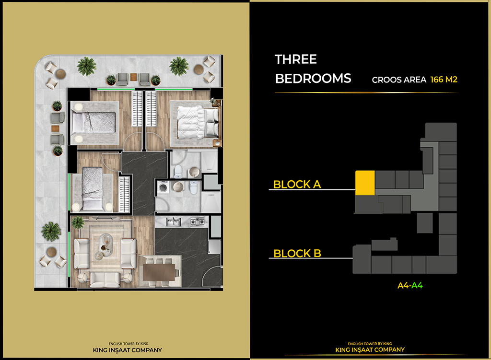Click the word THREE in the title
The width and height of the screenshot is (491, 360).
(x=295, y=59)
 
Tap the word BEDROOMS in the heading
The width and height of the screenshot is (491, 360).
(x=313, y=79)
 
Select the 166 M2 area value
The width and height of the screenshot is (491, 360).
(x=444, y=80)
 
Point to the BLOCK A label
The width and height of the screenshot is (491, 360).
(x=297, y=184)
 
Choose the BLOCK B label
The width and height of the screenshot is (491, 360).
(x=297, y=253)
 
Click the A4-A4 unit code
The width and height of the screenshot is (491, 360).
(x=410, y=286)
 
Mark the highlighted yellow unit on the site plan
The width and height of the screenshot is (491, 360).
(x=364, y=182)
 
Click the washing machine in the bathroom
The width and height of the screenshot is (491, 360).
(x=163, y=188)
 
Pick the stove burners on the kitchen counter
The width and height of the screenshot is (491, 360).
(x=197, y=221)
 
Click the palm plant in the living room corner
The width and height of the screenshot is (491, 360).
(x=77, y=222)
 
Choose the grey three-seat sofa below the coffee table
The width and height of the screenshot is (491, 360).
(x=105, y=278)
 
